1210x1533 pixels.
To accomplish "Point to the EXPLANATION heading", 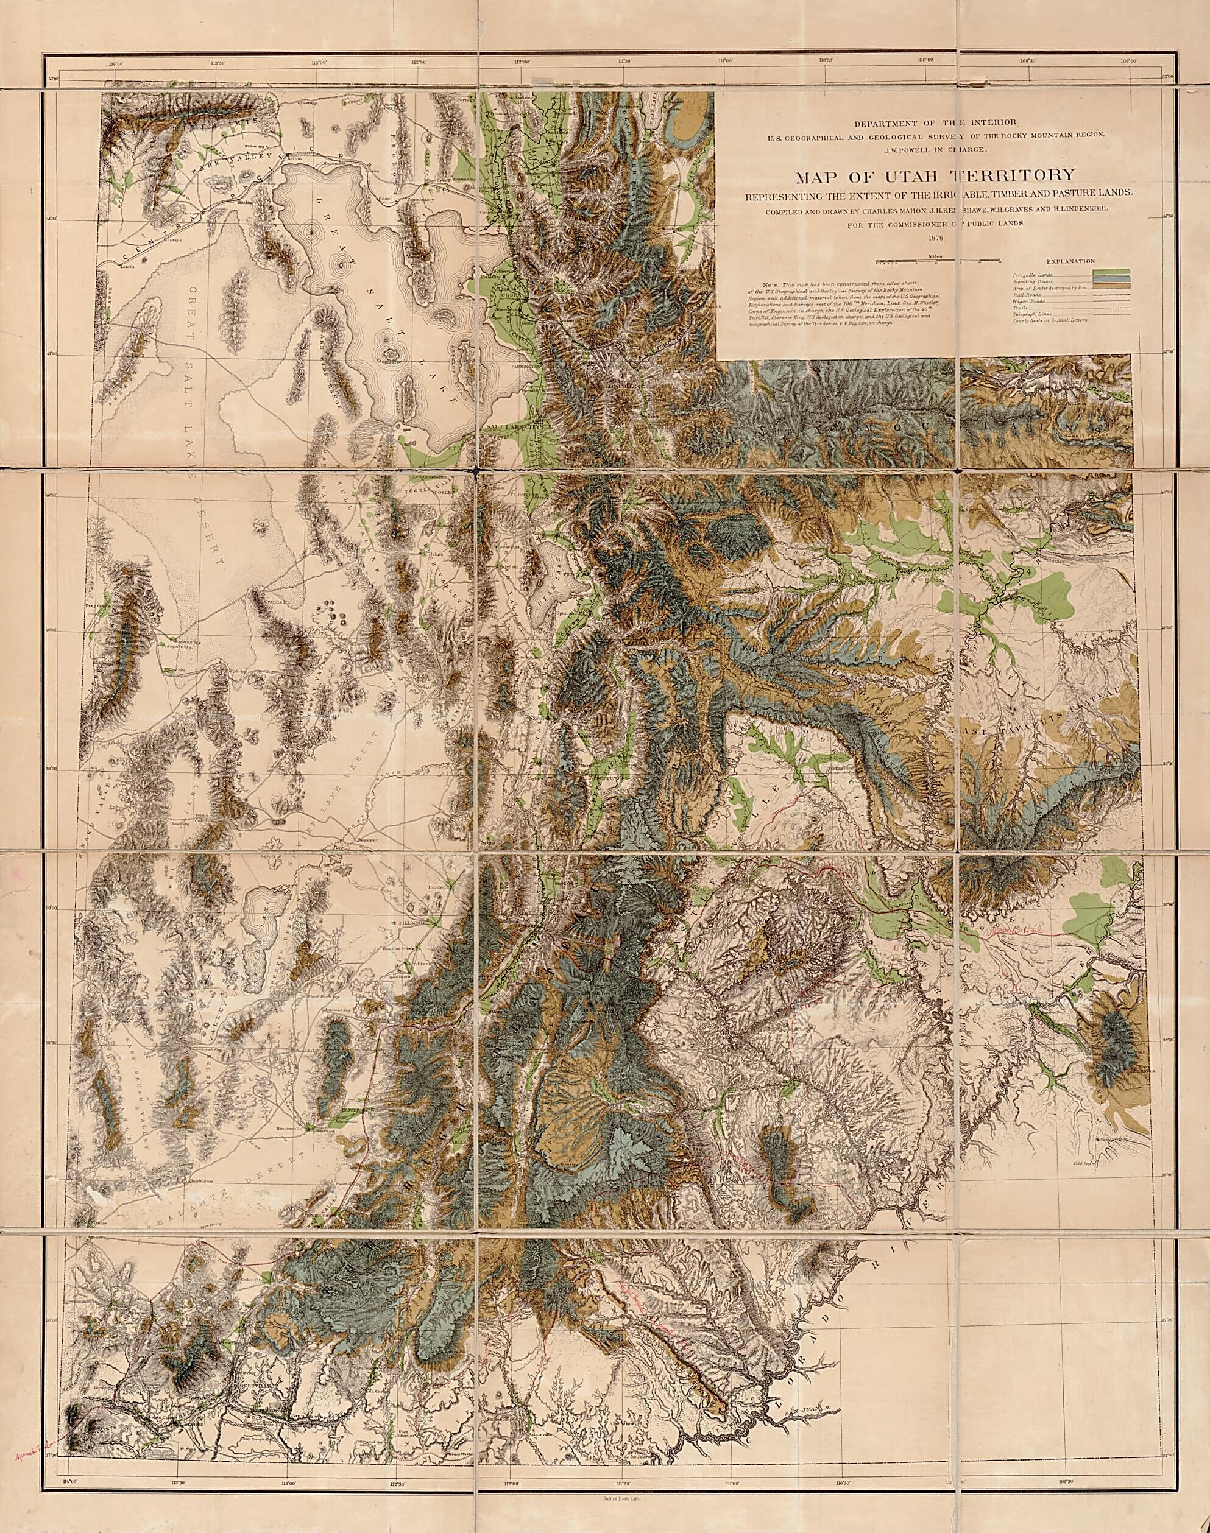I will pyautogui.click(x=1069, y=261).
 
